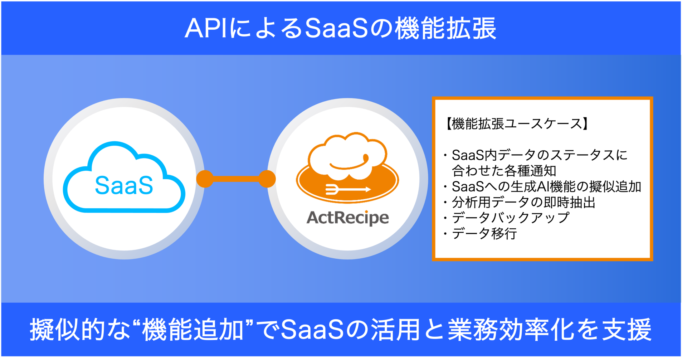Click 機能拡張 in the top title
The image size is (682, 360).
pyautogui.click(x=445, y=28)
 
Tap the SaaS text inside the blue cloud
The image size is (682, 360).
pyautogui.click(x=124, y=185)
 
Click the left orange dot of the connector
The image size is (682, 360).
pyautogui.click(x=205, y=179)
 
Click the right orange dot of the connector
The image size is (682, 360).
pyautogui.click(x=267, y=179)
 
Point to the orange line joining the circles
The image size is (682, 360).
pyautogui.click(x=236, y=179)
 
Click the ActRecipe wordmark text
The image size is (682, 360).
pyautogui.click(x=347, y=218)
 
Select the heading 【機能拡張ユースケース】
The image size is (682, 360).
pyautogui.click(x=516, y=124)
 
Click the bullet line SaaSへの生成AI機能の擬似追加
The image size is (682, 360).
pyautogui.click(x=546, y=187)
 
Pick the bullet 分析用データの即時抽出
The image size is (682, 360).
pyautogui.click(x=523, y=203)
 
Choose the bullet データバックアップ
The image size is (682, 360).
pyautogui.click(x=510, y=218)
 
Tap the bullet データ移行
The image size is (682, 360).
pyautogui.click(x=484, y=234)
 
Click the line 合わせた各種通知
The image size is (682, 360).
pyautogui.click(x=504, y=171)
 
